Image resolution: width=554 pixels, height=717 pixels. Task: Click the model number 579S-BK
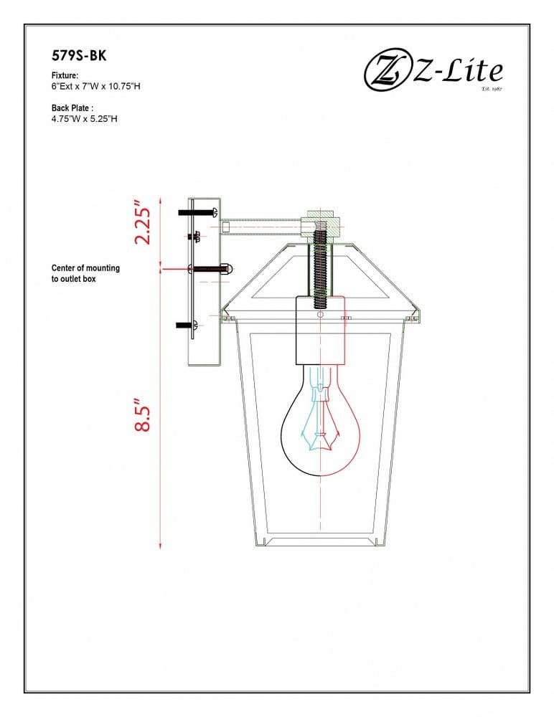pyautogui.click(x=79, y=56)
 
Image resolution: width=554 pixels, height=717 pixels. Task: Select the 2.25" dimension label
pyautogui.click(x=142, y=222)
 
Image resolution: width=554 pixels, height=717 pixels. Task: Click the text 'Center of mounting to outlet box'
pyautogui.click(x=85, y=273)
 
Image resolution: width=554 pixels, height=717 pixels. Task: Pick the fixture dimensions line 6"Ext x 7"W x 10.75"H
pyautogui.click(x=95, y=87)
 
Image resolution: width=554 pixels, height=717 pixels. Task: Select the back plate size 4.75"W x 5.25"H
pyautogui.click(x=84, y=119)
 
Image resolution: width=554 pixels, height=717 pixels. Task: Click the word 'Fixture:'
pyautogui.click(x=65, y=75)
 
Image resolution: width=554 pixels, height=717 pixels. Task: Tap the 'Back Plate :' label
pyautogui.click(x=72, y=108)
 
